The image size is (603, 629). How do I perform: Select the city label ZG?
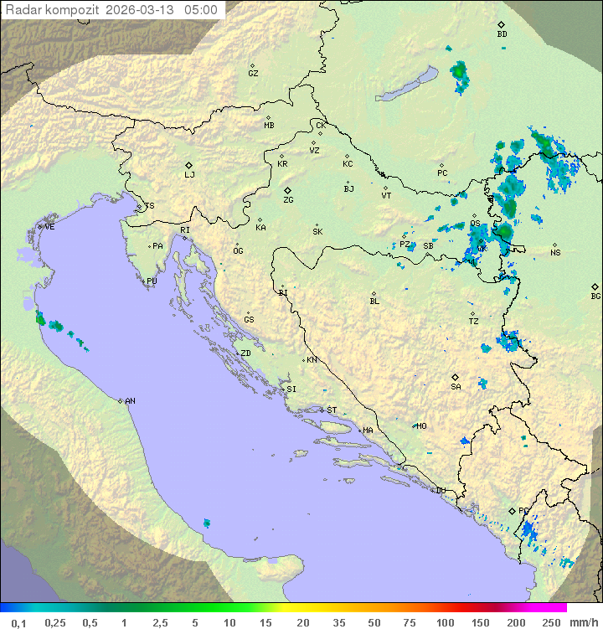pyautogui.click(x=288, y=200)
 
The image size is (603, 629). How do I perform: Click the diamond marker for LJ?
pyautogui.click(x=189, y=165)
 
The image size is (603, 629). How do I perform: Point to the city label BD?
pyautogui.click(x=502, y=34)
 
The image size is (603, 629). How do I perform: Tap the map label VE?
pyautogui.click(x=49, y=227)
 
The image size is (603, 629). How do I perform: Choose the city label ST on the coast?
pyautogui.click(x=332, y=410)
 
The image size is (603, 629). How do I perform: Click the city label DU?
pyautogui.click(x=441, y=491)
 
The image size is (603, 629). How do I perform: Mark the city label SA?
pyautogui.click(x=456, y=387)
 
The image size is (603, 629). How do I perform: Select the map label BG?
pyautogui.click(x=595, y=296)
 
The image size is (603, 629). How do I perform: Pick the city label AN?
pyautogui.click(x=130, y=401)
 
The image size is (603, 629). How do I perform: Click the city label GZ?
pyautogui.click(x=253, y=73)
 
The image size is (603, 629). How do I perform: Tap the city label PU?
pyautogui.click(x=152, y=281)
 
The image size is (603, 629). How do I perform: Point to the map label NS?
pyautogui.click(x=555, y=252)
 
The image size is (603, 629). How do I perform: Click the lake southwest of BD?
pyautogui.click(x=408, y=85)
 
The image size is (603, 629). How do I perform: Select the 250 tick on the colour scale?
pyautogui.click(x=550, y=622)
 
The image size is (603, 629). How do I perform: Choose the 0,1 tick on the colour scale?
pyautogui.click(x=18, y=622)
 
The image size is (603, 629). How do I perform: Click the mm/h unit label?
pyautogui.click(x=582, y=622)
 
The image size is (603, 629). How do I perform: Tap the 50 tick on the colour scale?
pyautogui.click(x=374, y=622)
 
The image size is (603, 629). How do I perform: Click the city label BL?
pyautogui.click(x=374, y=301)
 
